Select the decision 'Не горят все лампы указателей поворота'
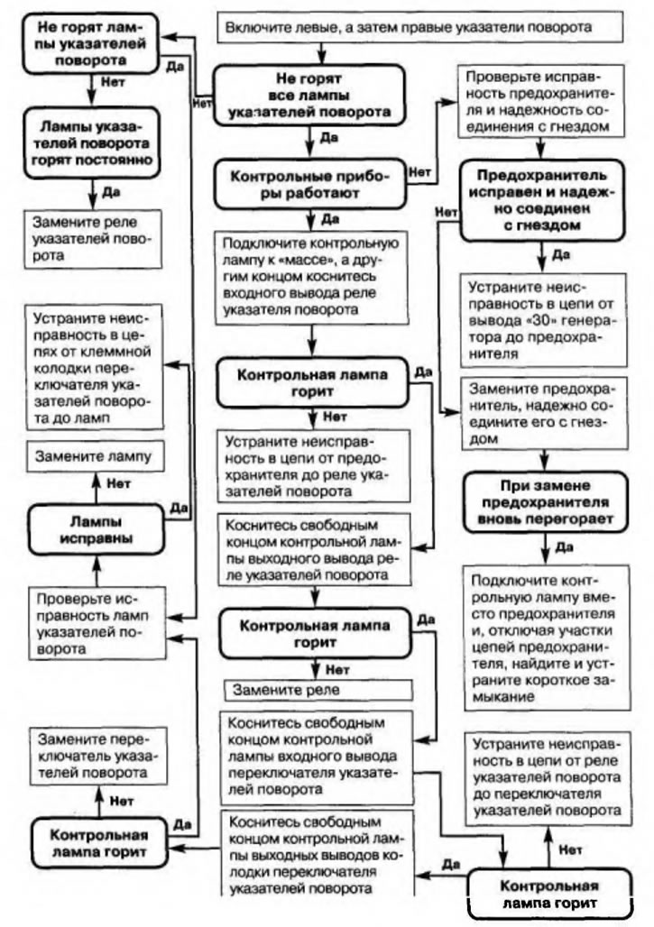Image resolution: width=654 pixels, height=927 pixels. click(306, 95)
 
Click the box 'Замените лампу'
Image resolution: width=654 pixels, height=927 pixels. click(92, 458)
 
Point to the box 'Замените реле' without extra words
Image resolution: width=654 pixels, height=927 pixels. click(318, 689)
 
